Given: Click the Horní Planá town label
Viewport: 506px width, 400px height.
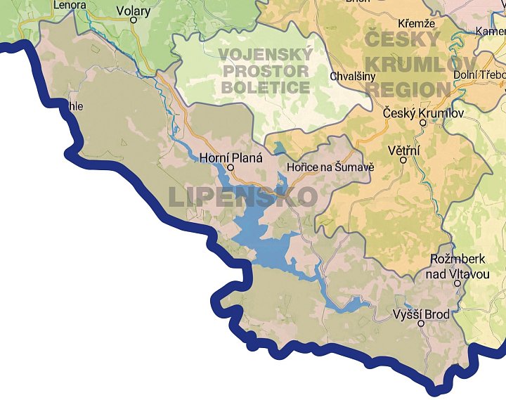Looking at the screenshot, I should pyautogui.click(x=231, y=158).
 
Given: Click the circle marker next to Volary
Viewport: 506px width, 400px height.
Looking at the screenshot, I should pyautogui.click(x=134, y=20).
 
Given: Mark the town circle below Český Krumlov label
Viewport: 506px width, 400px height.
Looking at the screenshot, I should pyautogui.click(x=422, y=122).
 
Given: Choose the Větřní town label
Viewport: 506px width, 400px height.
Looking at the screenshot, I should pyautogui.click(x=403, y=150).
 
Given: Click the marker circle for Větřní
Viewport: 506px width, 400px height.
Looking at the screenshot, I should pyautogui.click(x=403, y=160).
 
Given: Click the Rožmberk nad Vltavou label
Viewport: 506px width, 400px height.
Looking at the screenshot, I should pyautogui.click(x=458, y=266).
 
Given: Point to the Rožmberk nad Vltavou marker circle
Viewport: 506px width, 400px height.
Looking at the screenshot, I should pyautogui.click(x=458, y=283).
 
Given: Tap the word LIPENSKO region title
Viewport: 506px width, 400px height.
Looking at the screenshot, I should pyautogui.click(x=242, y=196).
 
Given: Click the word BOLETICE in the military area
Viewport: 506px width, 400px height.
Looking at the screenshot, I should pyautogui.click(x=265, y=87).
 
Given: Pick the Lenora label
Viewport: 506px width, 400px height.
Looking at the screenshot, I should pyautogui.click(x=70, y=5).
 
